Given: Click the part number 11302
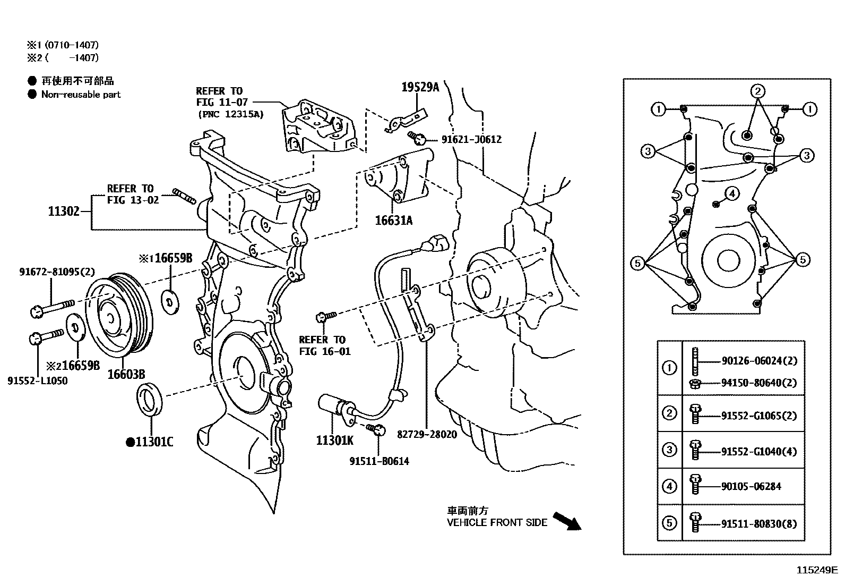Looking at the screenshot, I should (63, 211).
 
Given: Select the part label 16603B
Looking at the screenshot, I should (126, 374).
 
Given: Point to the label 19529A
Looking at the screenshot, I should (420, 87).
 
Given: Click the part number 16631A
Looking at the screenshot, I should (393, 220).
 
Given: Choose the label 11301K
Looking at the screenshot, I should (334, 441).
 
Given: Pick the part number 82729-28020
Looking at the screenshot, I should (427, 434).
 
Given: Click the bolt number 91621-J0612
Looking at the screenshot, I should (471, 140).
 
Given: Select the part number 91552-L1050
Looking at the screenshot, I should (38, 380).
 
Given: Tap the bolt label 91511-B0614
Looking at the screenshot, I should (379, 461).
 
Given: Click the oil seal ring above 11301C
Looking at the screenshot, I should (151, 397).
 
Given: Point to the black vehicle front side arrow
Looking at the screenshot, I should (567, 521).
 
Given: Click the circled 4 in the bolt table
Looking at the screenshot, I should (670, 486).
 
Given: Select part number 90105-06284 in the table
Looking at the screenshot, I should (751, 486).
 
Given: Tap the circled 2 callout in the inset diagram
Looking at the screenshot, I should (758, 91).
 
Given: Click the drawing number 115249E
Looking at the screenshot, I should (816, 571).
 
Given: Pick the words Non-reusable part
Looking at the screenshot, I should (81, 95).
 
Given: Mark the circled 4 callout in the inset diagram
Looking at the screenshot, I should (731, 193).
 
